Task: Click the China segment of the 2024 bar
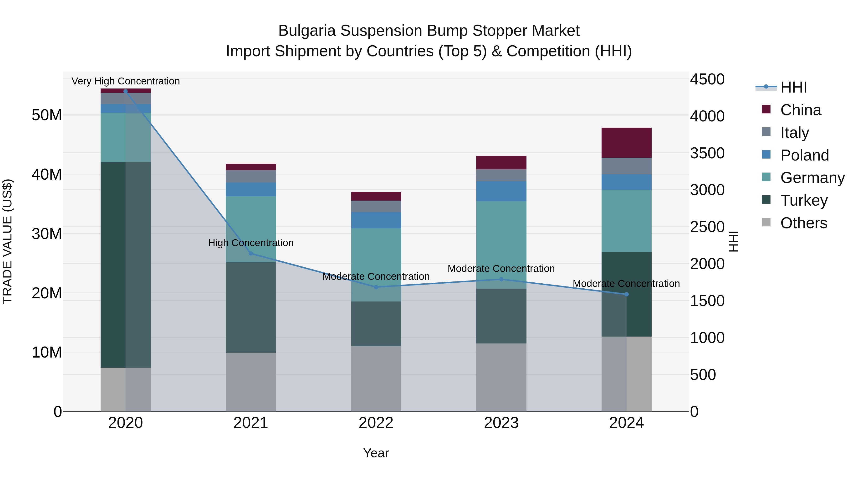626,143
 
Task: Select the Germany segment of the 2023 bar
501,245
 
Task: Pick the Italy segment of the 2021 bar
251,176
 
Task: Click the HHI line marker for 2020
126,91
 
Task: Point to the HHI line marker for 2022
376,287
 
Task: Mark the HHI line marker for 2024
626,294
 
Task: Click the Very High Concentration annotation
126,81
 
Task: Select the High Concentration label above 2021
251,243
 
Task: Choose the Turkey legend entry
804,200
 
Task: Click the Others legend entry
803,223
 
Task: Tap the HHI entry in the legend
793,87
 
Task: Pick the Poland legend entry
804,155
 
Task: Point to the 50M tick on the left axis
47,115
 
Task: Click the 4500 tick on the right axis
707,79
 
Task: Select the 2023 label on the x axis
501,423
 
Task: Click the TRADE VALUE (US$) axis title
7,241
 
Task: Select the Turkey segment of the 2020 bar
113,265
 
